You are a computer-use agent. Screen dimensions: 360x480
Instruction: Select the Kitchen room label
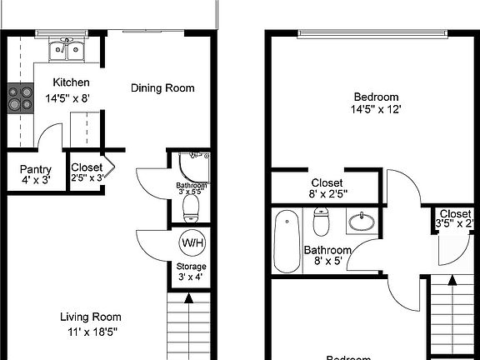coord(71,83)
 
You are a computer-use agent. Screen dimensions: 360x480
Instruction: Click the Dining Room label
coord(163,87)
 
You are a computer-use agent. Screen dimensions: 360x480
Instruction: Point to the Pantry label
coord(36,169)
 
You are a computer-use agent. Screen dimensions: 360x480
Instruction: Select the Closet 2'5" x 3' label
coord(87,172)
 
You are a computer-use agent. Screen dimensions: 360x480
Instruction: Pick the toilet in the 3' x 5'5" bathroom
coord(192,205)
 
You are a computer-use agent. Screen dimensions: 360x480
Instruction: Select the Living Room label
coord(91,317)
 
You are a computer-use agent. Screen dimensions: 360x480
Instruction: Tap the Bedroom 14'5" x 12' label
coord(375,102)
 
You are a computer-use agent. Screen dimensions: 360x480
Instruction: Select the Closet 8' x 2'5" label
coord(327,188)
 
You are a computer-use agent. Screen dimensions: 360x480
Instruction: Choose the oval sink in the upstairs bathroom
coord(362,222)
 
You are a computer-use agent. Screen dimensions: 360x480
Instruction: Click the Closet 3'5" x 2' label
coord(455,218)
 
